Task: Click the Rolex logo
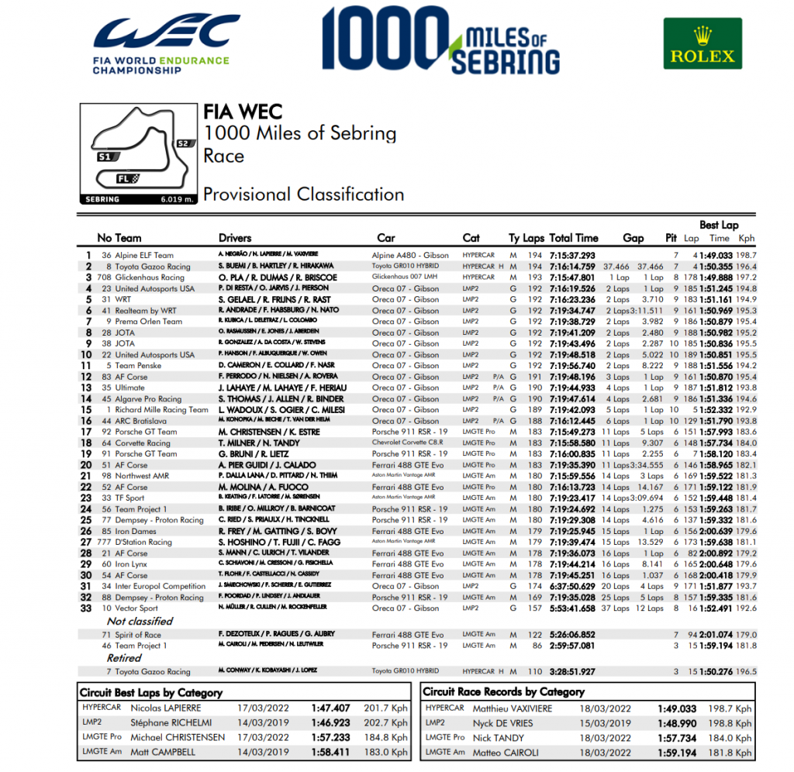pos(703,44)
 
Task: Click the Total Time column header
pos(573,238)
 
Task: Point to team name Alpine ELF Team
pos(143,255)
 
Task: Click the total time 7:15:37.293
pos(572,255)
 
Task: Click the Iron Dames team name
pos(136,531)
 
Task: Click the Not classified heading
pos(140,621)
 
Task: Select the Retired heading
pos(124,657)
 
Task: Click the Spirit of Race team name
pos(138,635)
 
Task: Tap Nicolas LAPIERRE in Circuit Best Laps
pos(166,708)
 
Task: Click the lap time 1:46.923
pos(330,722)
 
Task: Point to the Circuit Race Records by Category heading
pos(502,691)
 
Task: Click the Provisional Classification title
pos(303,194)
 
